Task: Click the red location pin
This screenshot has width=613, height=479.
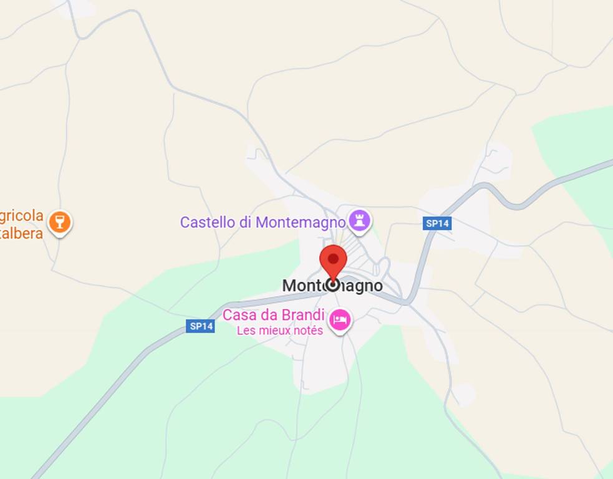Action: pos(333,261)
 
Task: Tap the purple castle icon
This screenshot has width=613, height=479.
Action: pos(359,220)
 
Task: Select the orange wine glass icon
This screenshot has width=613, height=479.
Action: pos(60,221)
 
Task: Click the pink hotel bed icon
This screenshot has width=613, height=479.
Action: pos(340,320)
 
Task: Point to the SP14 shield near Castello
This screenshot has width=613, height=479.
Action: pos(437,223)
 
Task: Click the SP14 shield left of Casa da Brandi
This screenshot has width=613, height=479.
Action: pos(200,326)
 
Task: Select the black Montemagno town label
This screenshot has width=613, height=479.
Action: pos(332,286)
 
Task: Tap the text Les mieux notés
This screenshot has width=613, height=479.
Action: pos(279,331)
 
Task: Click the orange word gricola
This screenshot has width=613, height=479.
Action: pos(22,216)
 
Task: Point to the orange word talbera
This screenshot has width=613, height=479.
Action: pos(22,233)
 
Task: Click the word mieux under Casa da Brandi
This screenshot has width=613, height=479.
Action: pos(273,331)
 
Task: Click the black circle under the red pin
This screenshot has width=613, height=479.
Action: pos(333,285)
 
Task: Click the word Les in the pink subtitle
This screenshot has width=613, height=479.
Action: pos(246,331)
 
